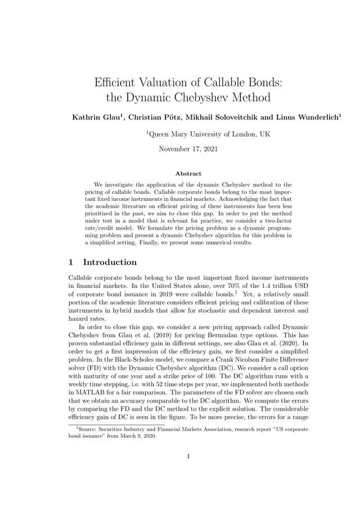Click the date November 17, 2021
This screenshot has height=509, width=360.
[x=188, y=149]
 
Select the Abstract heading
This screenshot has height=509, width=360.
[x=188, y=174]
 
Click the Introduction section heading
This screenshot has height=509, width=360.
[x=110, y=262]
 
